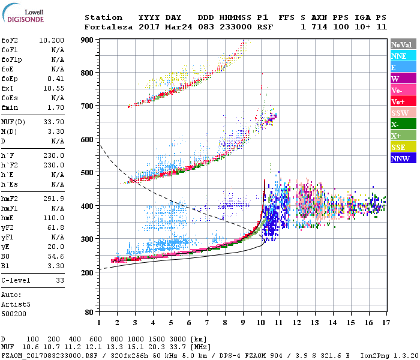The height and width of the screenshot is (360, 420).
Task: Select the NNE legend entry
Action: click(399, 56)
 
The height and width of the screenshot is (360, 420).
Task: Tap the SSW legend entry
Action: click(400, 113)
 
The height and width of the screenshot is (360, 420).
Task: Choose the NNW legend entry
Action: click(400, 158)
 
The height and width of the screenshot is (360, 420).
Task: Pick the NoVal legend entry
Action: click(401, 44)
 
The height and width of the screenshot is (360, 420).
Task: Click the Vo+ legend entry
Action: click(398, 101)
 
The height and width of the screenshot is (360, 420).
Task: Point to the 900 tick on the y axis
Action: click(88, 40)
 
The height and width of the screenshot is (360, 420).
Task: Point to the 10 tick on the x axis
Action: click(261, 322)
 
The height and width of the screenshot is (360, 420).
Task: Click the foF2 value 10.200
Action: click(52, 40)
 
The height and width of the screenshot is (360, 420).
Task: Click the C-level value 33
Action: click(60, 280)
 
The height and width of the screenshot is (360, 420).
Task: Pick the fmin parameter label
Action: click(10, 107)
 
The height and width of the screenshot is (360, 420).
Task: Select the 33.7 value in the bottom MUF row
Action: click(180, 347)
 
